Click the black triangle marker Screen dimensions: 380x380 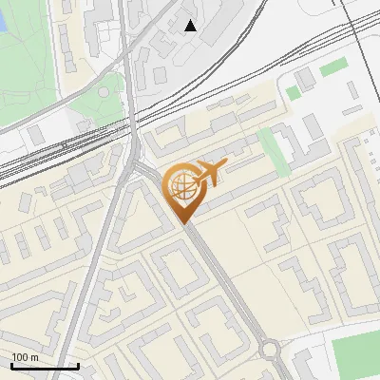[x=191, y=26]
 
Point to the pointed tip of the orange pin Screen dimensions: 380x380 [x=182, y=223]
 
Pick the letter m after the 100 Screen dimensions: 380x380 [x=35, y=357]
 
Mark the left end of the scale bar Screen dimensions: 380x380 [x=11, y=366]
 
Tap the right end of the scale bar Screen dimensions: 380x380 [x=78, y=366]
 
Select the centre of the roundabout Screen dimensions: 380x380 [x=271, y=349]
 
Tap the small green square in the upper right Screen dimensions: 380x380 [x=294, y=92]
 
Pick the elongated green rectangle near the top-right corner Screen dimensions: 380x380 [x=333, y=66]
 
